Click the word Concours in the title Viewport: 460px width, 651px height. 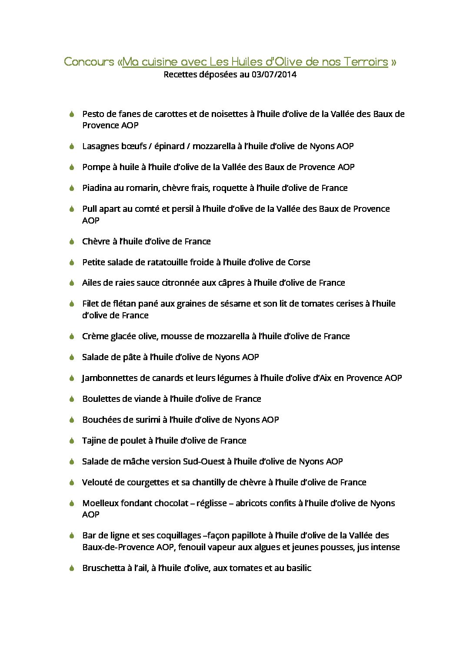pos(89,62)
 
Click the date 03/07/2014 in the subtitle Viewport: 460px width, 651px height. pos(274,74)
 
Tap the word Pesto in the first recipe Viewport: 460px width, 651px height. pos(93,114)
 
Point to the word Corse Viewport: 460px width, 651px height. pos(299,262)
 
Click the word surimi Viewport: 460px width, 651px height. pos(148,420)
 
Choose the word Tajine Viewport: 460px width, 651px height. pos(93,441)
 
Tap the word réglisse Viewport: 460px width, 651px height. pos(211,504)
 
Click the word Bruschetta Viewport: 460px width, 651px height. pos(103,568)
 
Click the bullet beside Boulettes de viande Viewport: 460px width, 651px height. pos(72,399)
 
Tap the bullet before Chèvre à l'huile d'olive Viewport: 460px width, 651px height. pos(72,241)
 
